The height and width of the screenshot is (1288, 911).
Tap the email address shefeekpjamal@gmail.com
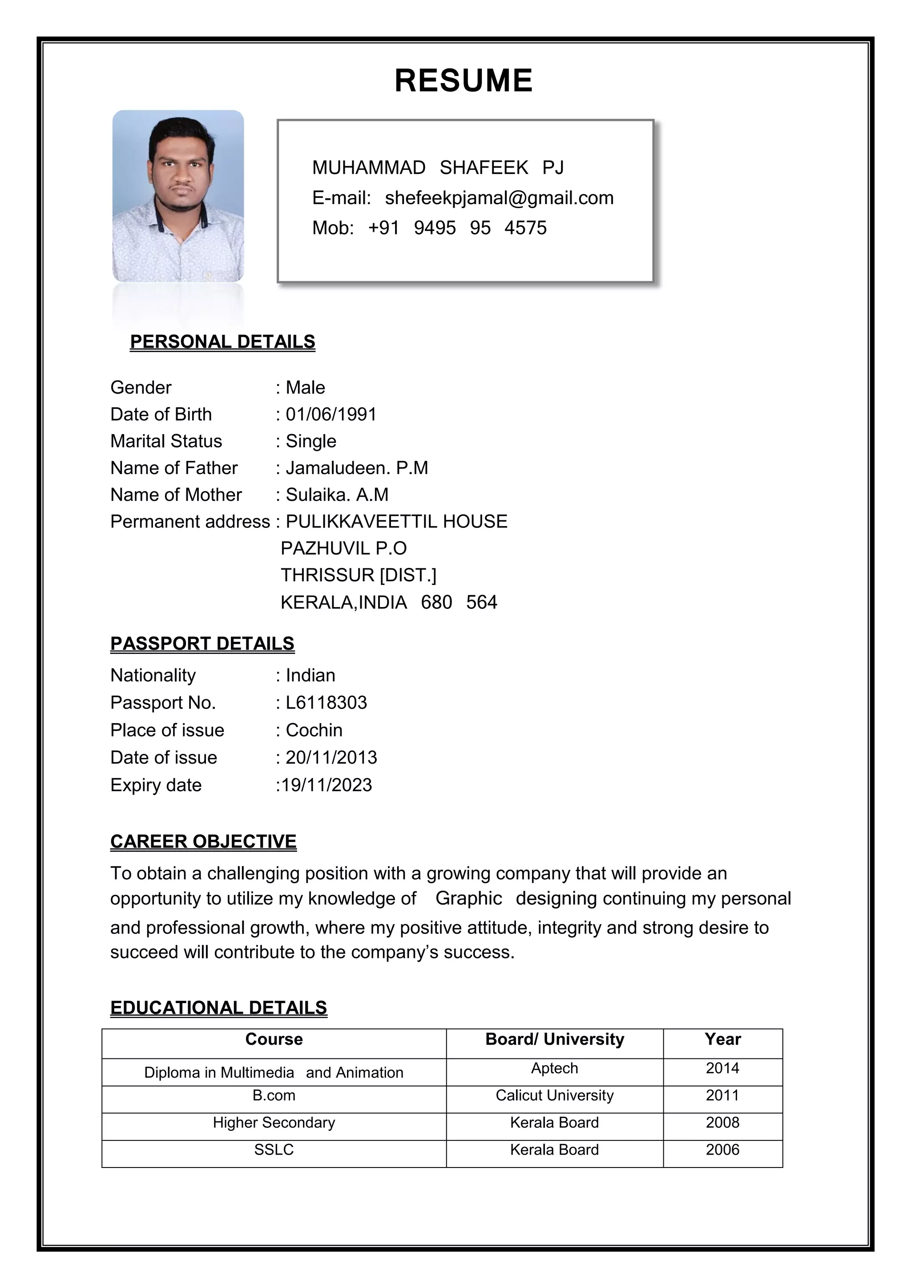point(499,198)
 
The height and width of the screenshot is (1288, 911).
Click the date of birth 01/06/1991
point(331,414)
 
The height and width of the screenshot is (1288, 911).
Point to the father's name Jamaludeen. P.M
point(357,468)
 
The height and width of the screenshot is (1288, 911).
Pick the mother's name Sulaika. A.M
point(337,495)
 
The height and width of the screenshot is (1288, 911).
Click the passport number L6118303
point(326,702)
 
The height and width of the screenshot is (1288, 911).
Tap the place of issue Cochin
point(314,730)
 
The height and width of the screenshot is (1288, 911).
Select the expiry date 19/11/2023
point(326,785)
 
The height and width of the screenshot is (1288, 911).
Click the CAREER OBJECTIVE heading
point(203,841)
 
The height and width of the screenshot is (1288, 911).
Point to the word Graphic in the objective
point(468,898)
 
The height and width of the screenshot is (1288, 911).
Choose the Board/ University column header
point(554,1039)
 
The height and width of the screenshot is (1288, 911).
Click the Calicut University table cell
point(554,1095)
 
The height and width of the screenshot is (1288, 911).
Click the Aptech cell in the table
point(554,1068)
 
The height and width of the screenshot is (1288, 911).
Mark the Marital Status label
point(166,441)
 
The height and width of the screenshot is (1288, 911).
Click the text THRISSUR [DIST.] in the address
point(358,575)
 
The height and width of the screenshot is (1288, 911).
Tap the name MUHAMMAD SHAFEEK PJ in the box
point(438,167)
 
